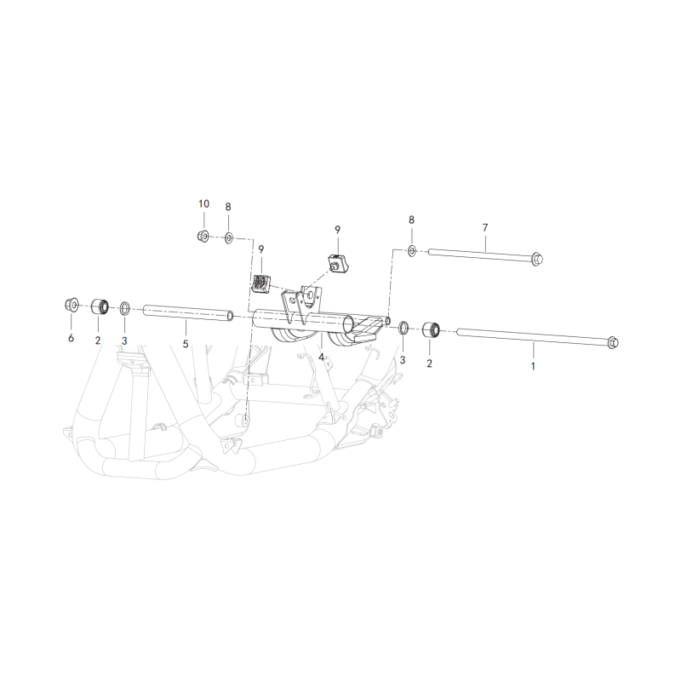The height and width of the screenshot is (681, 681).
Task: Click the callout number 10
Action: (x=203, y=203)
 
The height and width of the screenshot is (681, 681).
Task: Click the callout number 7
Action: (x=485, y=227)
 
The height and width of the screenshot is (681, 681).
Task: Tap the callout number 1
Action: (x=533, y=366)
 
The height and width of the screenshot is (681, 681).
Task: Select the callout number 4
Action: (x=321, y=357)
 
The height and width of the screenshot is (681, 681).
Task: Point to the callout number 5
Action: (x=186, y=344)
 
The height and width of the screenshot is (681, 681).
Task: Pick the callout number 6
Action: (x=71, y=337)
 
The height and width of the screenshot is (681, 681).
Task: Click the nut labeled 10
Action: (x=203, y=237)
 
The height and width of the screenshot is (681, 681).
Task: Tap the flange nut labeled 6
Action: (x=72, y=305)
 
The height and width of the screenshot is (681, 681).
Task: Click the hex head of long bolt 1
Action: (x=612, y=342)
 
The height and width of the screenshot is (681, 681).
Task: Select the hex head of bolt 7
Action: (x=537, y=260)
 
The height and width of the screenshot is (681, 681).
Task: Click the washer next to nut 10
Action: (x=229, y=238)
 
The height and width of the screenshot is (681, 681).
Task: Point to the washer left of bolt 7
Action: (x=412, y=250)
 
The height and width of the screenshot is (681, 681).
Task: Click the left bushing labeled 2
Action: (x=100, y=307)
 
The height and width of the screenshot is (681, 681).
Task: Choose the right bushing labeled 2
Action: (x=432, y=329)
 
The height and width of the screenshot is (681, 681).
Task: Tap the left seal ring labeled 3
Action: (x=124, y=308)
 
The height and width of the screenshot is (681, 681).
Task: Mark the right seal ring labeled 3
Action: (x=403, y=328)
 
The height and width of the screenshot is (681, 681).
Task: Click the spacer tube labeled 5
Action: (x=187, y=313)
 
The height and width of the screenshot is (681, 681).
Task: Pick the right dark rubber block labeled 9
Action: (x=337, y=263)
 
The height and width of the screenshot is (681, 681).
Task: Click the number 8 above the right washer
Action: (x=411, y=220)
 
